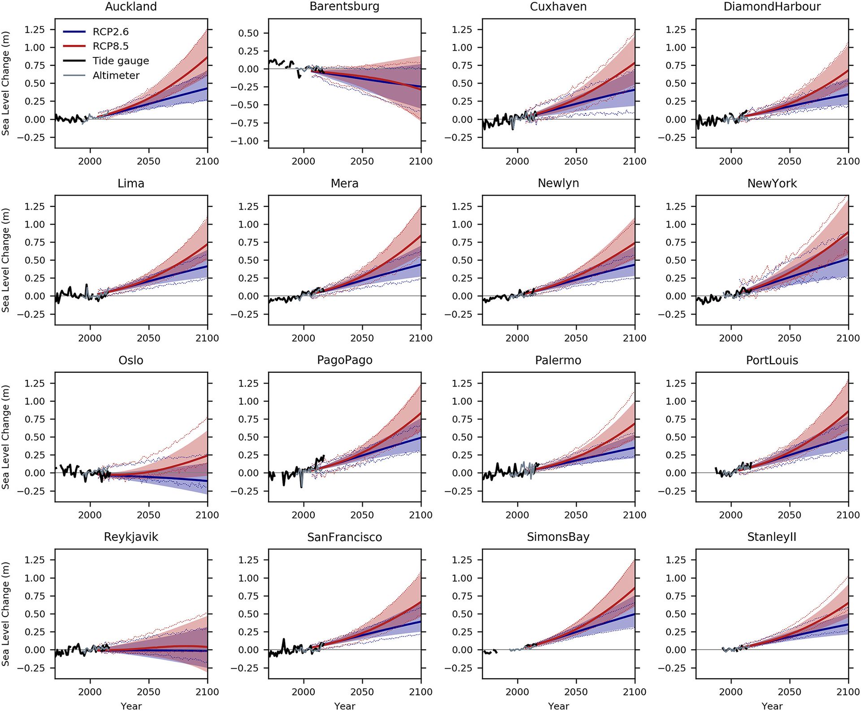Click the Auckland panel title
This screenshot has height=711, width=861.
tap(131, 7)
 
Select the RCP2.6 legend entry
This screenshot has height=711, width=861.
tap(110, 32)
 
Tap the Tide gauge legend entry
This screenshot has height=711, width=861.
tap(120, 61)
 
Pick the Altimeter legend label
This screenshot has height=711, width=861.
tap(116, 75)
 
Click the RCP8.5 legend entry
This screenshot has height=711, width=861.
tap(110, 46)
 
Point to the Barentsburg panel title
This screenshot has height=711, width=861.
tap(344, 7)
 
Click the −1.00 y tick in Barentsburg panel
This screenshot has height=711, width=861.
tap(244, 141)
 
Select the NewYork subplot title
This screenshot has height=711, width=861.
tap(772, 183)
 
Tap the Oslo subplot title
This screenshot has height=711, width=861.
tap(131, 360)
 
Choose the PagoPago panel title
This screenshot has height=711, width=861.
tap(344, 360)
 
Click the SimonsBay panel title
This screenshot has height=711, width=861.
tap(558, 537)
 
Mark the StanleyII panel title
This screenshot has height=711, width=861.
tap(772, 537)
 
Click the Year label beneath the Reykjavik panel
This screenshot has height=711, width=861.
tap(131, 706)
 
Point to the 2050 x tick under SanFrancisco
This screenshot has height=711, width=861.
tap(362, 692)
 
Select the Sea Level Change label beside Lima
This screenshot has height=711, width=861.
tap(5, 260)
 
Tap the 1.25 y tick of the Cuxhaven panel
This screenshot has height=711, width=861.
tap(462, 30)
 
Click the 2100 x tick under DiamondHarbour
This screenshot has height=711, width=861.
tap(848, 161)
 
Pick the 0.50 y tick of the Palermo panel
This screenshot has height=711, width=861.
tap(462, 437)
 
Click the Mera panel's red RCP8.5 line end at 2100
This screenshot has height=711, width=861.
tap(420, 235)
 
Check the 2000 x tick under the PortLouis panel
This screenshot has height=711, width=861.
tap(731, 515)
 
